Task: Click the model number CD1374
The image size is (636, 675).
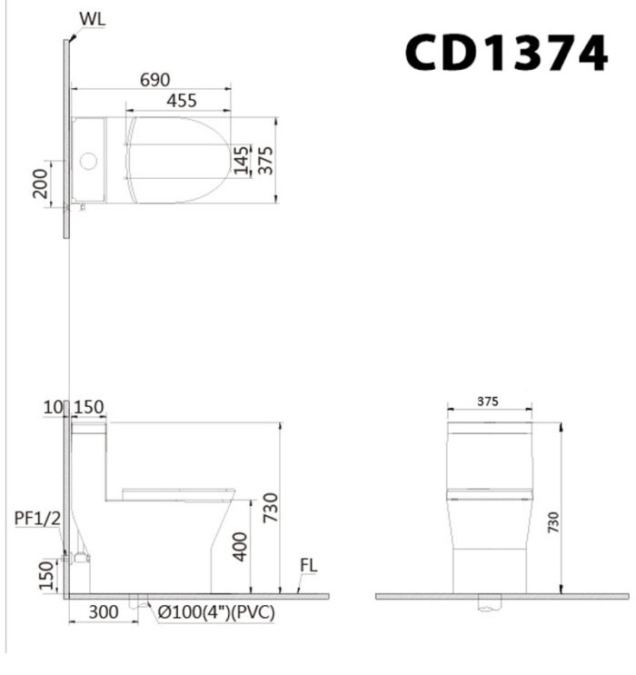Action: click(x=505, y=53)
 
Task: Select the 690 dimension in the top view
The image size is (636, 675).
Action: click(x=154, y=81)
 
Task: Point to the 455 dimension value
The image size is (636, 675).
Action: click(x=181, y=102)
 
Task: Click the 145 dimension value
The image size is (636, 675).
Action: click(x=240, y=161)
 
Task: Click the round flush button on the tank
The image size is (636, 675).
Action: click(x=89, y=164)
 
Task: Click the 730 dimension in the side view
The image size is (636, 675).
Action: click(x=268, y=509)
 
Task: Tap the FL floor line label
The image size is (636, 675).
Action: click(x=308, y=566)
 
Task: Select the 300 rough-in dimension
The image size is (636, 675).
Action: click(x=103, y=613)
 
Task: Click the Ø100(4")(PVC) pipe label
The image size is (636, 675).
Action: click(x=214, y=613)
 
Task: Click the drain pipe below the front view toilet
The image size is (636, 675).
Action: click(x=490, y=602)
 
